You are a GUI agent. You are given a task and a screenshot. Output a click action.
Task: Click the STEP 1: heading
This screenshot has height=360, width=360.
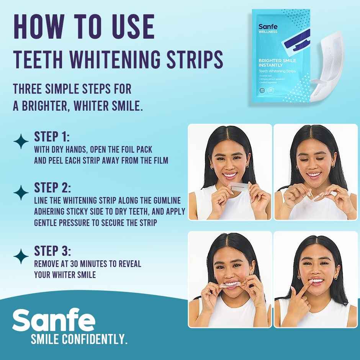(52, 137)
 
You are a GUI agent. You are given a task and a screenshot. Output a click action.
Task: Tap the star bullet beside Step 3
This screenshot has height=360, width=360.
(21, 256)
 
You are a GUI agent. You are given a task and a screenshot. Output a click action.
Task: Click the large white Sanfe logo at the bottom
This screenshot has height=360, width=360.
(53, 320)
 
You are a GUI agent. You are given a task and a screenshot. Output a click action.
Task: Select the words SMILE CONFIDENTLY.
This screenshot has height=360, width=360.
(79, 339)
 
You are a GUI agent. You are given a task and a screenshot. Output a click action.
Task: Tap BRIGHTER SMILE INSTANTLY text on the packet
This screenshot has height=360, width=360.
(277, 63)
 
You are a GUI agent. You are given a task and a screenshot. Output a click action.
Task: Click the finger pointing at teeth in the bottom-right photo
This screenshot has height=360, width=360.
(303, 291)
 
